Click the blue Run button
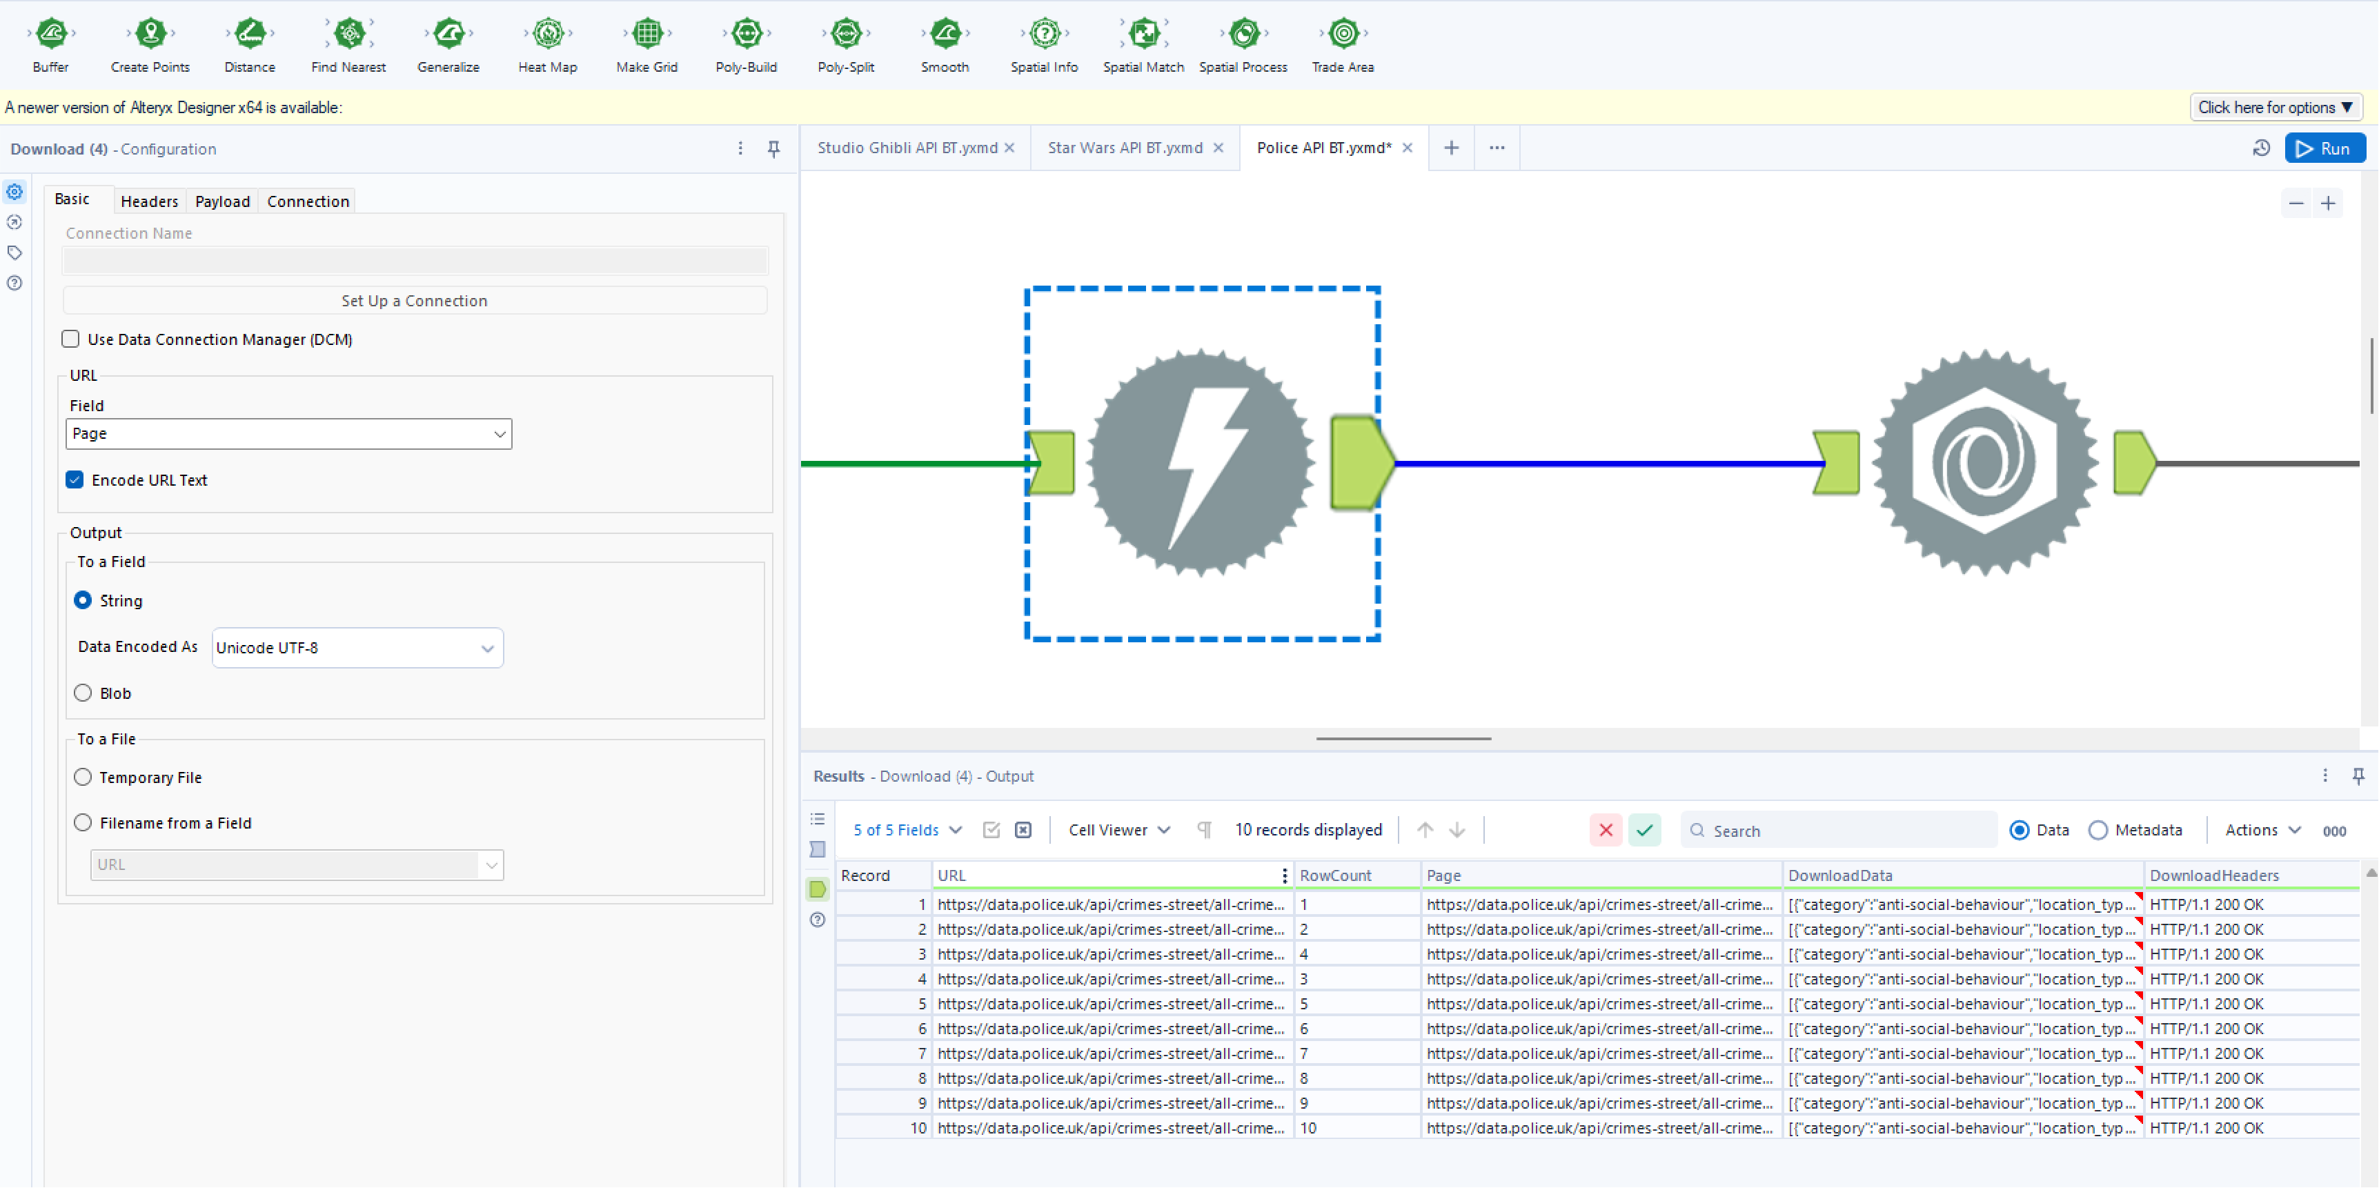click(2324, 148)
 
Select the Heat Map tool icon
click(548, 34)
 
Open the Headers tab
click(149, 201)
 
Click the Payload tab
click(221, 201)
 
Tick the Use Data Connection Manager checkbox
click(71, 339)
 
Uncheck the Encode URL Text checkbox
click(75, 480)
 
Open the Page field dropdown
click(288, 434)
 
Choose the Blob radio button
click(83, 693)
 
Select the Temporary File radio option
click(83, 778)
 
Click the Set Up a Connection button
click(414, 301)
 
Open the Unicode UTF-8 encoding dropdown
click(357, 648)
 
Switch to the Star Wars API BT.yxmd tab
click(1124, 148)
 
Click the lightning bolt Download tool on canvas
click(1201, 462)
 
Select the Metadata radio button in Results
click(2098, 830)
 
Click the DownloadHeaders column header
click(2213, 875)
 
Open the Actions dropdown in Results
click(2262, 830)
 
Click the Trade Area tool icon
click(1343, 34)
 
